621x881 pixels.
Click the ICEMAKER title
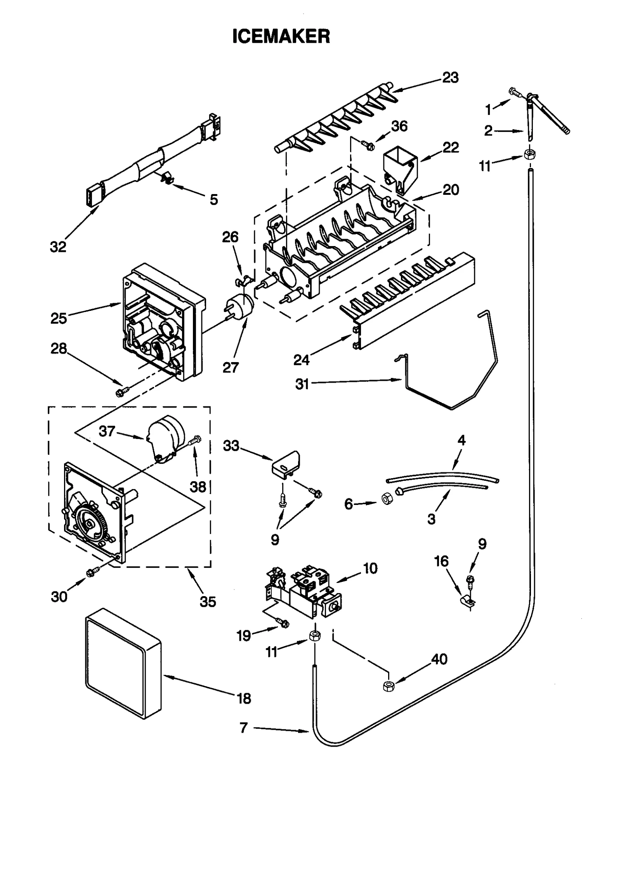point(281,36)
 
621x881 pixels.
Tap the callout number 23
point(450,78)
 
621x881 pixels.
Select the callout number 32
point(58,247)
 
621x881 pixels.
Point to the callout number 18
point(244,699)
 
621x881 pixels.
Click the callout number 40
point(439,659)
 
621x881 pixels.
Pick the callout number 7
point(243,728)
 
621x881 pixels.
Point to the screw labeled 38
point(195,440)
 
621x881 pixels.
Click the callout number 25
point(59,318)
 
